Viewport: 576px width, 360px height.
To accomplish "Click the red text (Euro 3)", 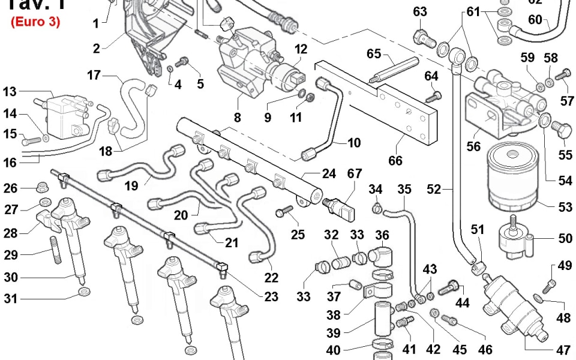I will tap(35, 22).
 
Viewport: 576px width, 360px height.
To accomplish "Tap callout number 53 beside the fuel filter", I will tap(565, 208).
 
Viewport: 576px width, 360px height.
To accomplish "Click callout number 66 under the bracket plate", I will tap(395, 160).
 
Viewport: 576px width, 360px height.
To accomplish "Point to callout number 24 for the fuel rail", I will tap(329, 174).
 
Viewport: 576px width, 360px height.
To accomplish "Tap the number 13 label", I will tap(10, 92).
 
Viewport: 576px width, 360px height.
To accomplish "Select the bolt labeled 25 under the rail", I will tap(284, 212).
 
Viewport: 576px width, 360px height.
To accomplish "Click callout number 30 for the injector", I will tap(11, 277).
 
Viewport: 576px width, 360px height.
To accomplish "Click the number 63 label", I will tap(420, 12).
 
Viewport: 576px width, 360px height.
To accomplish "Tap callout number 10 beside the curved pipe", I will tap(354, 143).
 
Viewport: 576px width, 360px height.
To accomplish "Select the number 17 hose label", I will tap(94, 76).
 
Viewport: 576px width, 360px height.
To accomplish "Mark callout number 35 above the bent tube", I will tap(404, 190).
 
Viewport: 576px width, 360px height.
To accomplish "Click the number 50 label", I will tap(565, 239).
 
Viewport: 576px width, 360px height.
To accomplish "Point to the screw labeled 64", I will tap(434, 95).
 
